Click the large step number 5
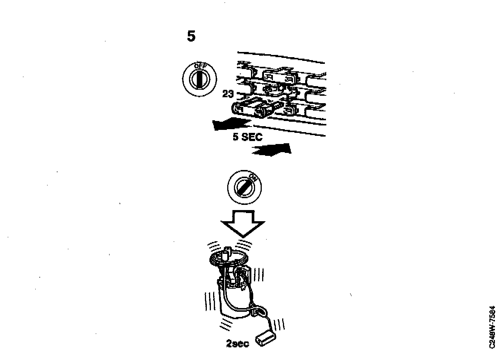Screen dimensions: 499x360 [191, 36]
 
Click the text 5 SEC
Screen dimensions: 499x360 [247, 137]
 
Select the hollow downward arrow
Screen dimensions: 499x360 [243, 223]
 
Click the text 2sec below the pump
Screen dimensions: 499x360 [238, 344]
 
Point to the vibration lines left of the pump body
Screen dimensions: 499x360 [210, 301]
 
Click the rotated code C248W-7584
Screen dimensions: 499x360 [492, 327]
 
